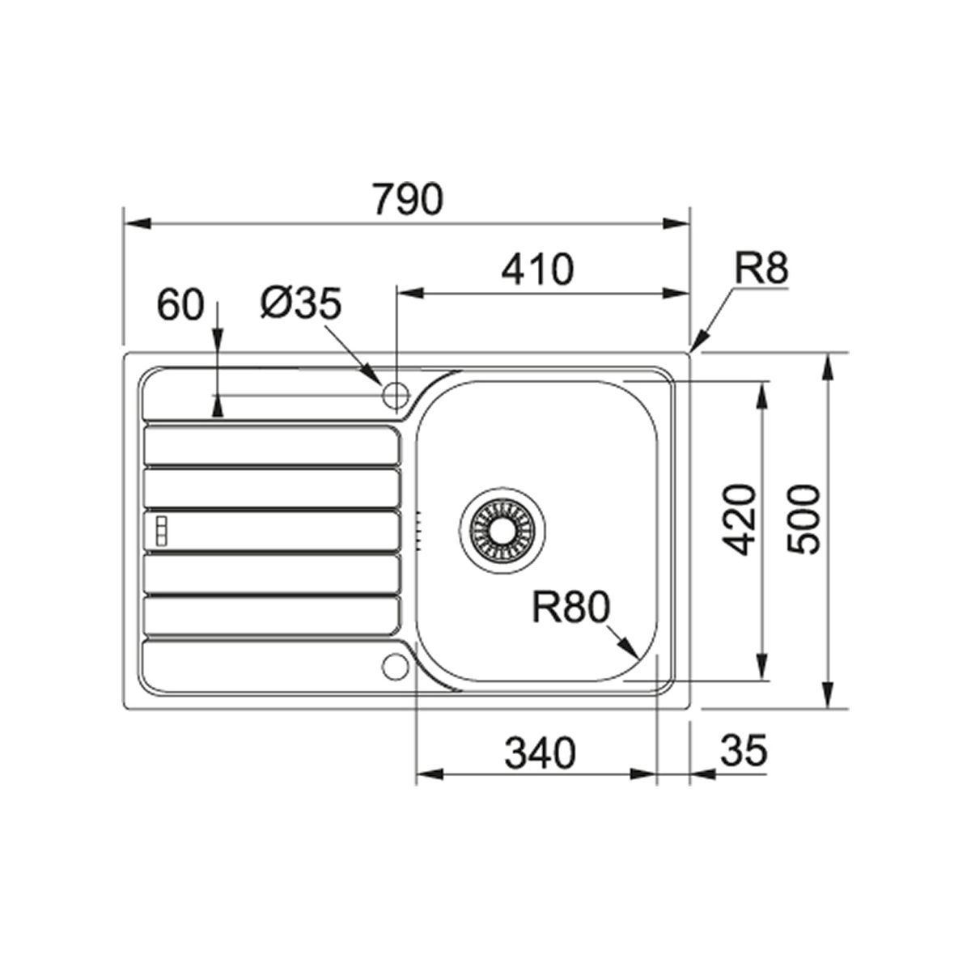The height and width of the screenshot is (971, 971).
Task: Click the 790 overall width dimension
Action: [408, 199]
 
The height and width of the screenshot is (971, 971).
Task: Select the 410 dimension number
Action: [537, 269]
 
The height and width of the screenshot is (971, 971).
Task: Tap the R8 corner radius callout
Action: [761, 269]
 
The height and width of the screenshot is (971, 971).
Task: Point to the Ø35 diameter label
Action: [301, 304]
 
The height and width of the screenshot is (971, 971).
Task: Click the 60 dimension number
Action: [180, 305]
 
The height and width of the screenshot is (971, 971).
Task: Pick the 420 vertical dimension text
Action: [739, 519]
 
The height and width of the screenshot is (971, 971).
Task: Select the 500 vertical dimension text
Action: [804, 519]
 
